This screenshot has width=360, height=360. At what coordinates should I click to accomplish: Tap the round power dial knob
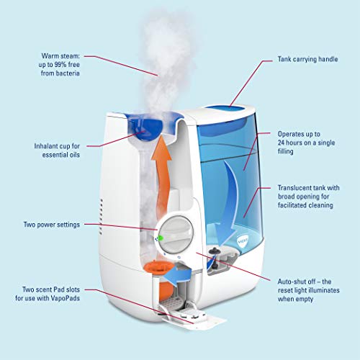click(x=177, y=232)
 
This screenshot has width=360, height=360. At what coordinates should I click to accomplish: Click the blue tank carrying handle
click(x=230, y=110)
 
